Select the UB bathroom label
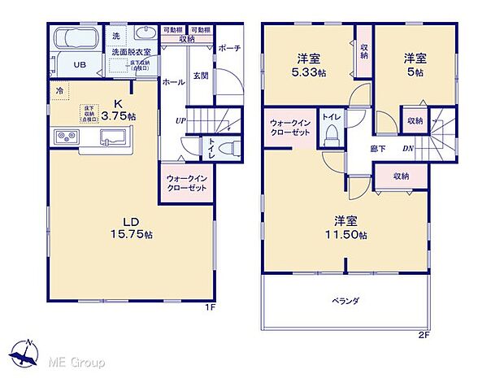pyautogui.click(x=81, y=65)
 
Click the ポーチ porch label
pyautogui.click(x=229, y=47)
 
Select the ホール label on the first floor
pyautogui.click(x=172, y=82)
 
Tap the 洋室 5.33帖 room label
pyautogui.click(x=308, y=64)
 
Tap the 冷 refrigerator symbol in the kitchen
pyautogui.click(x=60, y=91)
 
